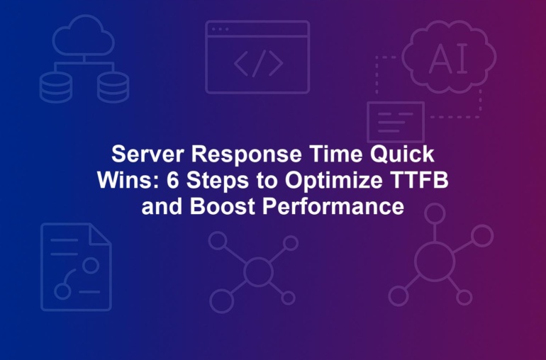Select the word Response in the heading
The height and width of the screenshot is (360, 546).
(x=247, y=154)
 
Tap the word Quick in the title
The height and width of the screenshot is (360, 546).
(x=402, y=154)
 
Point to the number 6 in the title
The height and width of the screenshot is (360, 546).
(x=172, y=180)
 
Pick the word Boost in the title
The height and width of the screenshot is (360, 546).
(x=223, y=206)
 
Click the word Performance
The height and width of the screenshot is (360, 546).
(x=333, y=206)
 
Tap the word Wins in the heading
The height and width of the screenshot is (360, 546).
(x=128, y=180)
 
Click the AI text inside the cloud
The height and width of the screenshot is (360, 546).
(x=448, y=59)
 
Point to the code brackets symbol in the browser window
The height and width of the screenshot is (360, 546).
(x=258, y=63)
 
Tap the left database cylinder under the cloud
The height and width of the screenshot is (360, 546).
(x=56, y=87)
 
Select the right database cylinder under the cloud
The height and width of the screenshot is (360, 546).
(x=113, y=87)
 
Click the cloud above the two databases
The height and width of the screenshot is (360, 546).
(x=84, y=35)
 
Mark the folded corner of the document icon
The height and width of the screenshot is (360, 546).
(x=100, y=234)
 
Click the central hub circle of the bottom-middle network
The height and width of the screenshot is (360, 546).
(x=258, y=271)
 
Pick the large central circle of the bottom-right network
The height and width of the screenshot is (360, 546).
(x=435, y=261)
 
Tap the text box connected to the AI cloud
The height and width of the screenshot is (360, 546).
(x=396, y=122)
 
